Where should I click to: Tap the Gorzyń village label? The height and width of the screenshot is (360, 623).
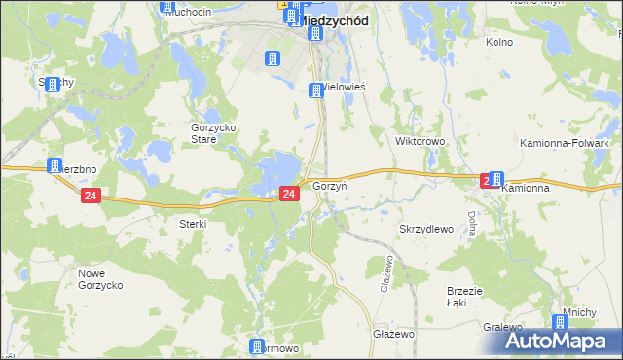(x=330, y=185)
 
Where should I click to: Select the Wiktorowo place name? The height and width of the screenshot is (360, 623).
(x=420, y=141)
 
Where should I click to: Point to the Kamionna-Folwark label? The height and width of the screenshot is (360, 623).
(x=565, y=143)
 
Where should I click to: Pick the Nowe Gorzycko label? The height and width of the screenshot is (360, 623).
(x=99, y=280)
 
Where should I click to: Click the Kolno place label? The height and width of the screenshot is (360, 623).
(x=498, y=43)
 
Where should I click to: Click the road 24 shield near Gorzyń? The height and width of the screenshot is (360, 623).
(x=288, y=195)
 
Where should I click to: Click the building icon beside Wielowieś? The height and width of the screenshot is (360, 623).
(x=315, y=91)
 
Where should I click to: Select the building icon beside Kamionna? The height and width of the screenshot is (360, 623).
(x=496, y=179)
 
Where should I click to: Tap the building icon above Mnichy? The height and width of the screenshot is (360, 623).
(x=560, y=322)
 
